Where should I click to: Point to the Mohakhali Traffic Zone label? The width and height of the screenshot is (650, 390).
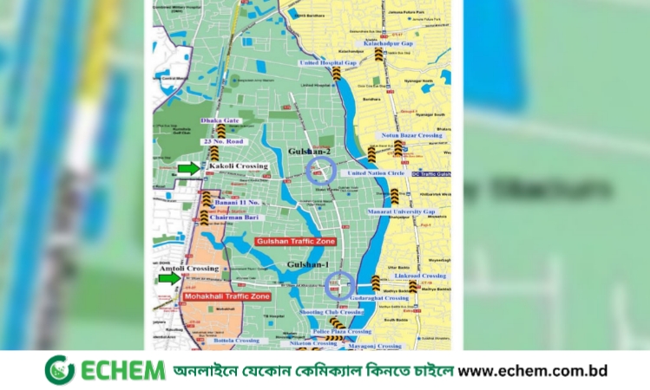[x=227, y=296]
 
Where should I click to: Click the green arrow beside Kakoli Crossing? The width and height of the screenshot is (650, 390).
[x=187, y=167]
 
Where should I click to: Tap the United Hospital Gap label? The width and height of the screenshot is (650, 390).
[x=328, y=63]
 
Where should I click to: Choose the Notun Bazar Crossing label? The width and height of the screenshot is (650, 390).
[x=412, y=135]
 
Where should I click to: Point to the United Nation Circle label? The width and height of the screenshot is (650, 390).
[x=375, y=172]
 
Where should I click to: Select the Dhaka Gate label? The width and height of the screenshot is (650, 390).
[x=219, y=120]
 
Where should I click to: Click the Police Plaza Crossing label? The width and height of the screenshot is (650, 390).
[x=342, y=331]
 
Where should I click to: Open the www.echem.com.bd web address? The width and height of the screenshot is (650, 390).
[x=532, y=370]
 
